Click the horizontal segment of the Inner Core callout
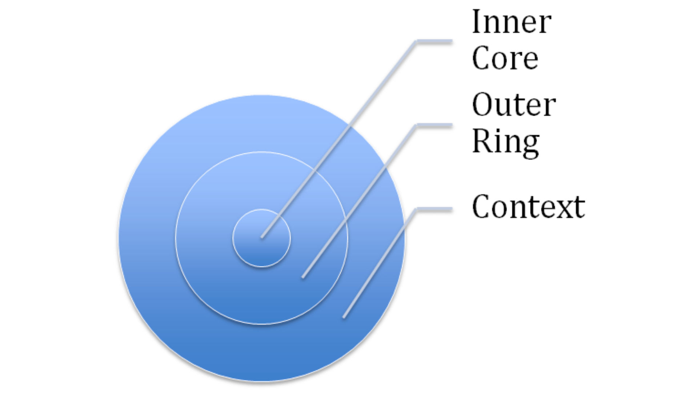[434, 42]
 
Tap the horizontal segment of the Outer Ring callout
[434, 126]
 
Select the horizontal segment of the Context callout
[434, 209]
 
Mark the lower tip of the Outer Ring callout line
[303, 278]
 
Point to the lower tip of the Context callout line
[344, 318]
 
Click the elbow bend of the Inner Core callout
[417, 42]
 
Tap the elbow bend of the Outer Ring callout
[417, 126]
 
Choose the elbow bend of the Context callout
[417, 209]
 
